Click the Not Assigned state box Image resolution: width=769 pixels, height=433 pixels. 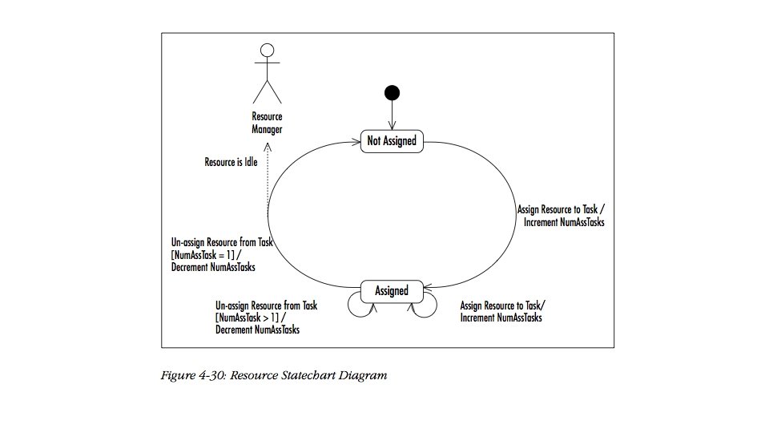tap(392, 140)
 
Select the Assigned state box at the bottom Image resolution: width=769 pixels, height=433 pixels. tap(392, 291)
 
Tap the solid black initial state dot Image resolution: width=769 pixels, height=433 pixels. tap(392, 92)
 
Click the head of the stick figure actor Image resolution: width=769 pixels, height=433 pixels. tap(268, 49)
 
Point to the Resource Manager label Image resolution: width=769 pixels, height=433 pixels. tap(267, 123)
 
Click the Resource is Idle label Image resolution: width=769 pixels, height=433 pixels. tap(231, 162)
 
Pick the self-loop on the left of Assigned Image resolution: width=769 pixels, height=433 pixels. tap(358, 306)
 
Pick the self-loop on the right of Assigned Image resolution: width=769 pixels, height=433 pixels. tap(425, 306)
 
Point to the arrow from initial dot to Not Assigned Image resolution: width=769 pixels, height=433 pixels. tap(392, 112)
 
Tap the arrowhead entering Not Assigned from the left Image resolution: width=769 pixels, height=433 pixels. tap(356, 142)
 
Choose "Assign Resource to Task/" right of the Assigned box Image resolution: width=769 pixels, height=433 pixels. tap(505, 306)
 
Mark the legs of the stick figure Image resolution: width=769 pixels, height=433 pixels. tap(268, 89)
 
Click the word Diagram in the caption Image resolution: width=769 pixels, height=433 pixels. tap(364, 375)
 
